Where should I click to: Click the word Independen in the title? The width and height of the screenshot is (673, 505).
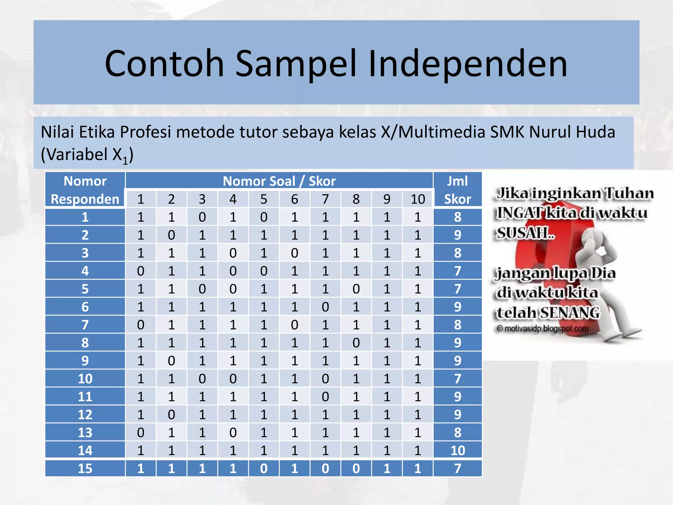pos(468,63)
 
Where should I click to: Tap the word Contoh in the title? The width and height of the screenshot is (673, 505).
pos(164,63)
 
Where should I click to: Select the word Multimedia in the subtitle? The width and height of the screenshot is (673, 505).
pos(442,132)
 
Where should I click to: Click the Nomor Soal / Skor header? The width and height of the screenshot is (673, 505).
pos(279,181)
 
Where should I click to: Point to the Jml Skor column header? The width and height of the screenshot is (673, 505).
pos(457,190)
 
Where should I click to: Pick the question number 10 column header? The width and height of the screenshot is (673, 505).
pos(418,199)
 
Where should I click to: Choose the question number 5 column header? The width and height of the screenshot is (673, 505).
pos(264,199)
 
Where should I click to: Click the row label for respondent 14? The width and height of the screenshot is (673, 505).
pos(85,450)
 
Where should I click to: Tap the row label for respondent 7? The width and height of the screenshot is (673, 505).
pos(85,325)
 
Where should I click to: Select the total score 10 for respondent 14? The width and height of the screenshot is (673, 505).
pos(457,450)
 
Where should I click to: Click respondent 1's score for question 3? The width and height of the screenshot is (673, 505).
pos(202,217)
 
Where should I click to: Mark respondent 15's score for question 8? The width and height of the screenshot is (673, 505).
pos(356,469)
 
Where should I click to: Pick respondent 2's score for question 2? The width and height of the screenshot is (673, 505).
pos(171,235)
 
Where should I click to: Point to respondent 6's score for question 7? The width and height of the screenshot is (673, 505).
pos(325,307)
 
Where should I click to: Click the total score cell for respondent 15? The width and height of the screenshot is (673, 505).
pos(457,469)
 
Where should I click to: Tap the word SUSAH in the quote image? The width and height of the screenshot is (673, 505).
pos(524,233)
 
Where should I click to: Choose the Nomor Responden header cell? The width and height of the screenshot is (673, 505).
pos(85,190)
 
